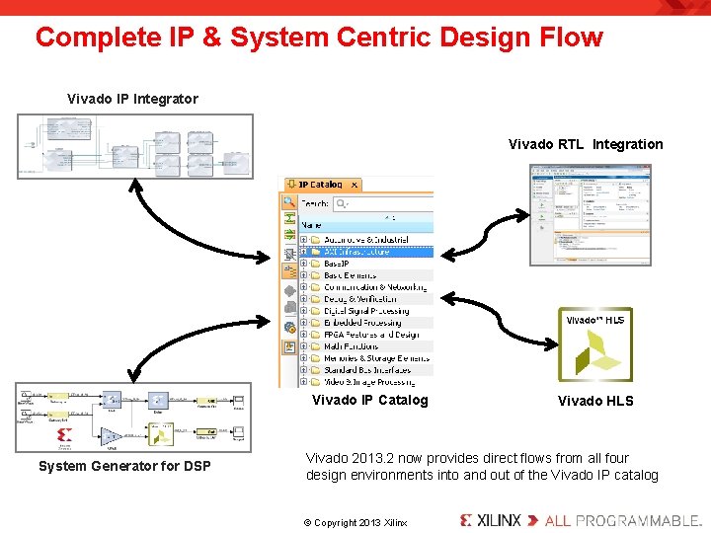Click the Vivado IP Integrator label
coord(132,99)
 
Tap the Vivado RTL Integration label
coord(586,144)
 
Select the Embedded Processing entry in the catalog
coord(362,323)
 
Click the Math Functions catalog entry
coord(352,346)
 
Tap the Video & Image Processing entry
coord(368,382)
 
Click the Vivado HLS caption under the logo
coord(595,401)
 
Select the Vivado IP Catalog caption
coord(369,400)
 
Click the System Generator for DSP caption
coord(124,466)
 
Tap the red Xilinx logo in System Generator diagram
coord(65,434)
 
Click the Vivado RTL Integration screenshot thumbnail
coord(590,215)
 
